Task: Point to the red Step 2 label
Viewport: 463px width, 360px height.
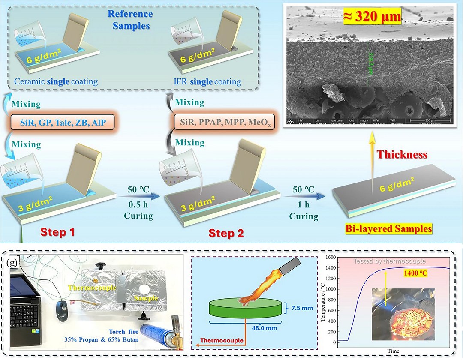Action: click(226, 234)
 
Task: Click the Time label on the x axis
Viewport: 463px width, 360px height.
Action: click(393, 351)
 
